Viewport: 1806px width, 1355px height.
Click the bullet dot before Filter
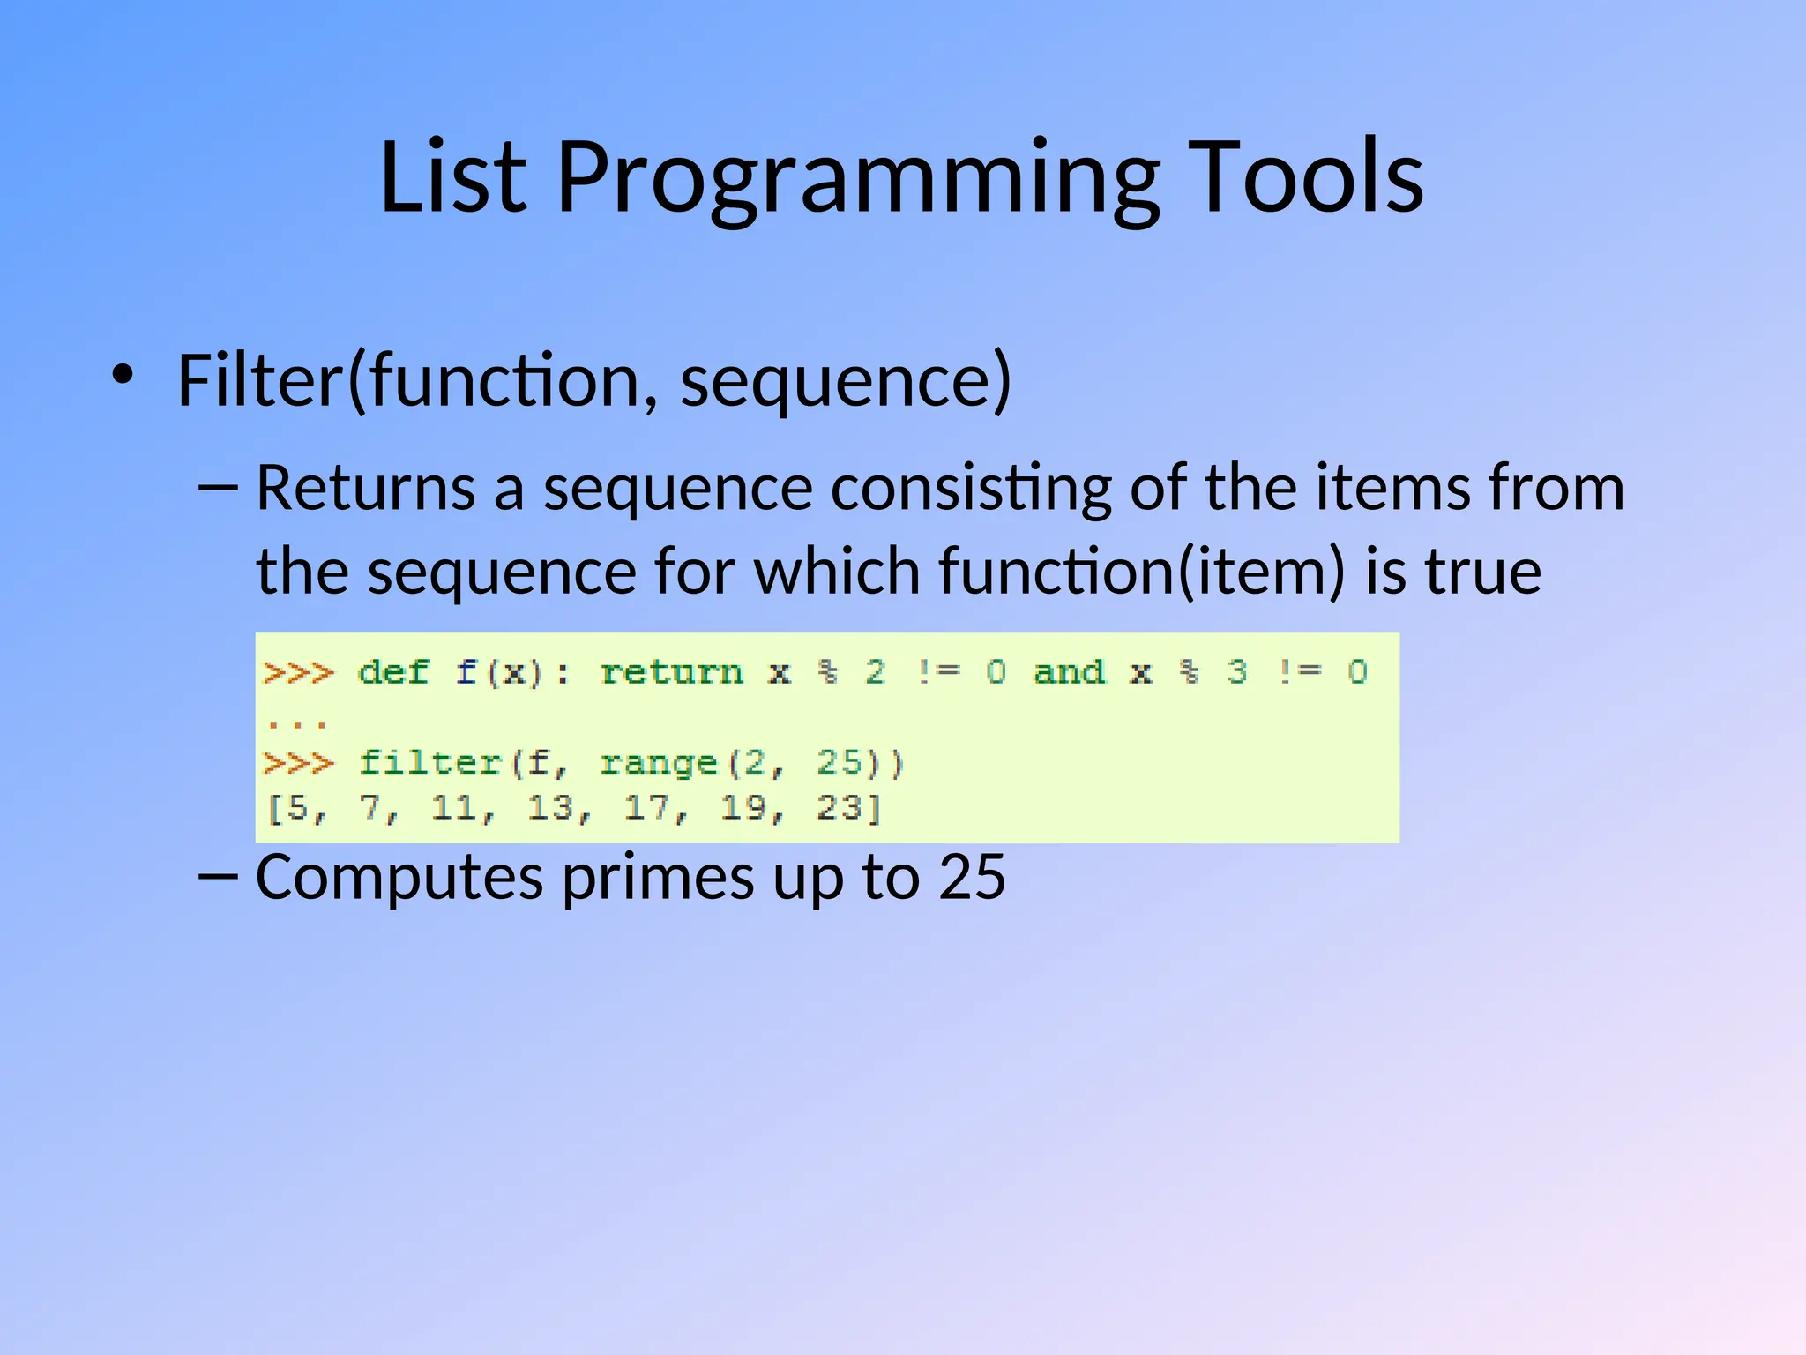(123, 375)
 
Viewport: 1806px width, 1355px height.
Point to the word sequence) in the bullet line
(846, 381)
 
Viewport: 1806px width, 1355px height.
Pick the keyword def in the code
(393, 672)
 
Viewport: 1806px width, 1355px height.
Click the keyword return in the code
(672, 672)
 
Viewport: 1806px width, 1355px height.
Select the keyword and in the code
(1069, 672)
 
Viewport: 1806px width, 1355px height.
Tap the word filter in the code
(430, 762)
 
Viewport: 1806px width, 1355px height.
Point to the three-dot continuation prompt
(297, 724)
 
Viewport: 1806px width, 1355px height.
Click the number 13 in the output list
(549, 807)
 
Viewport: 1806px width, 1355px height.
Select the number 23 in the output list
(839, 807)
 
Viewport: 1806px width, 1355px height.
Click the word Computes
(399, 878)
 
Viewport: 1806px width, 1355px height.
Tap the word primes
(658, 880)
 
